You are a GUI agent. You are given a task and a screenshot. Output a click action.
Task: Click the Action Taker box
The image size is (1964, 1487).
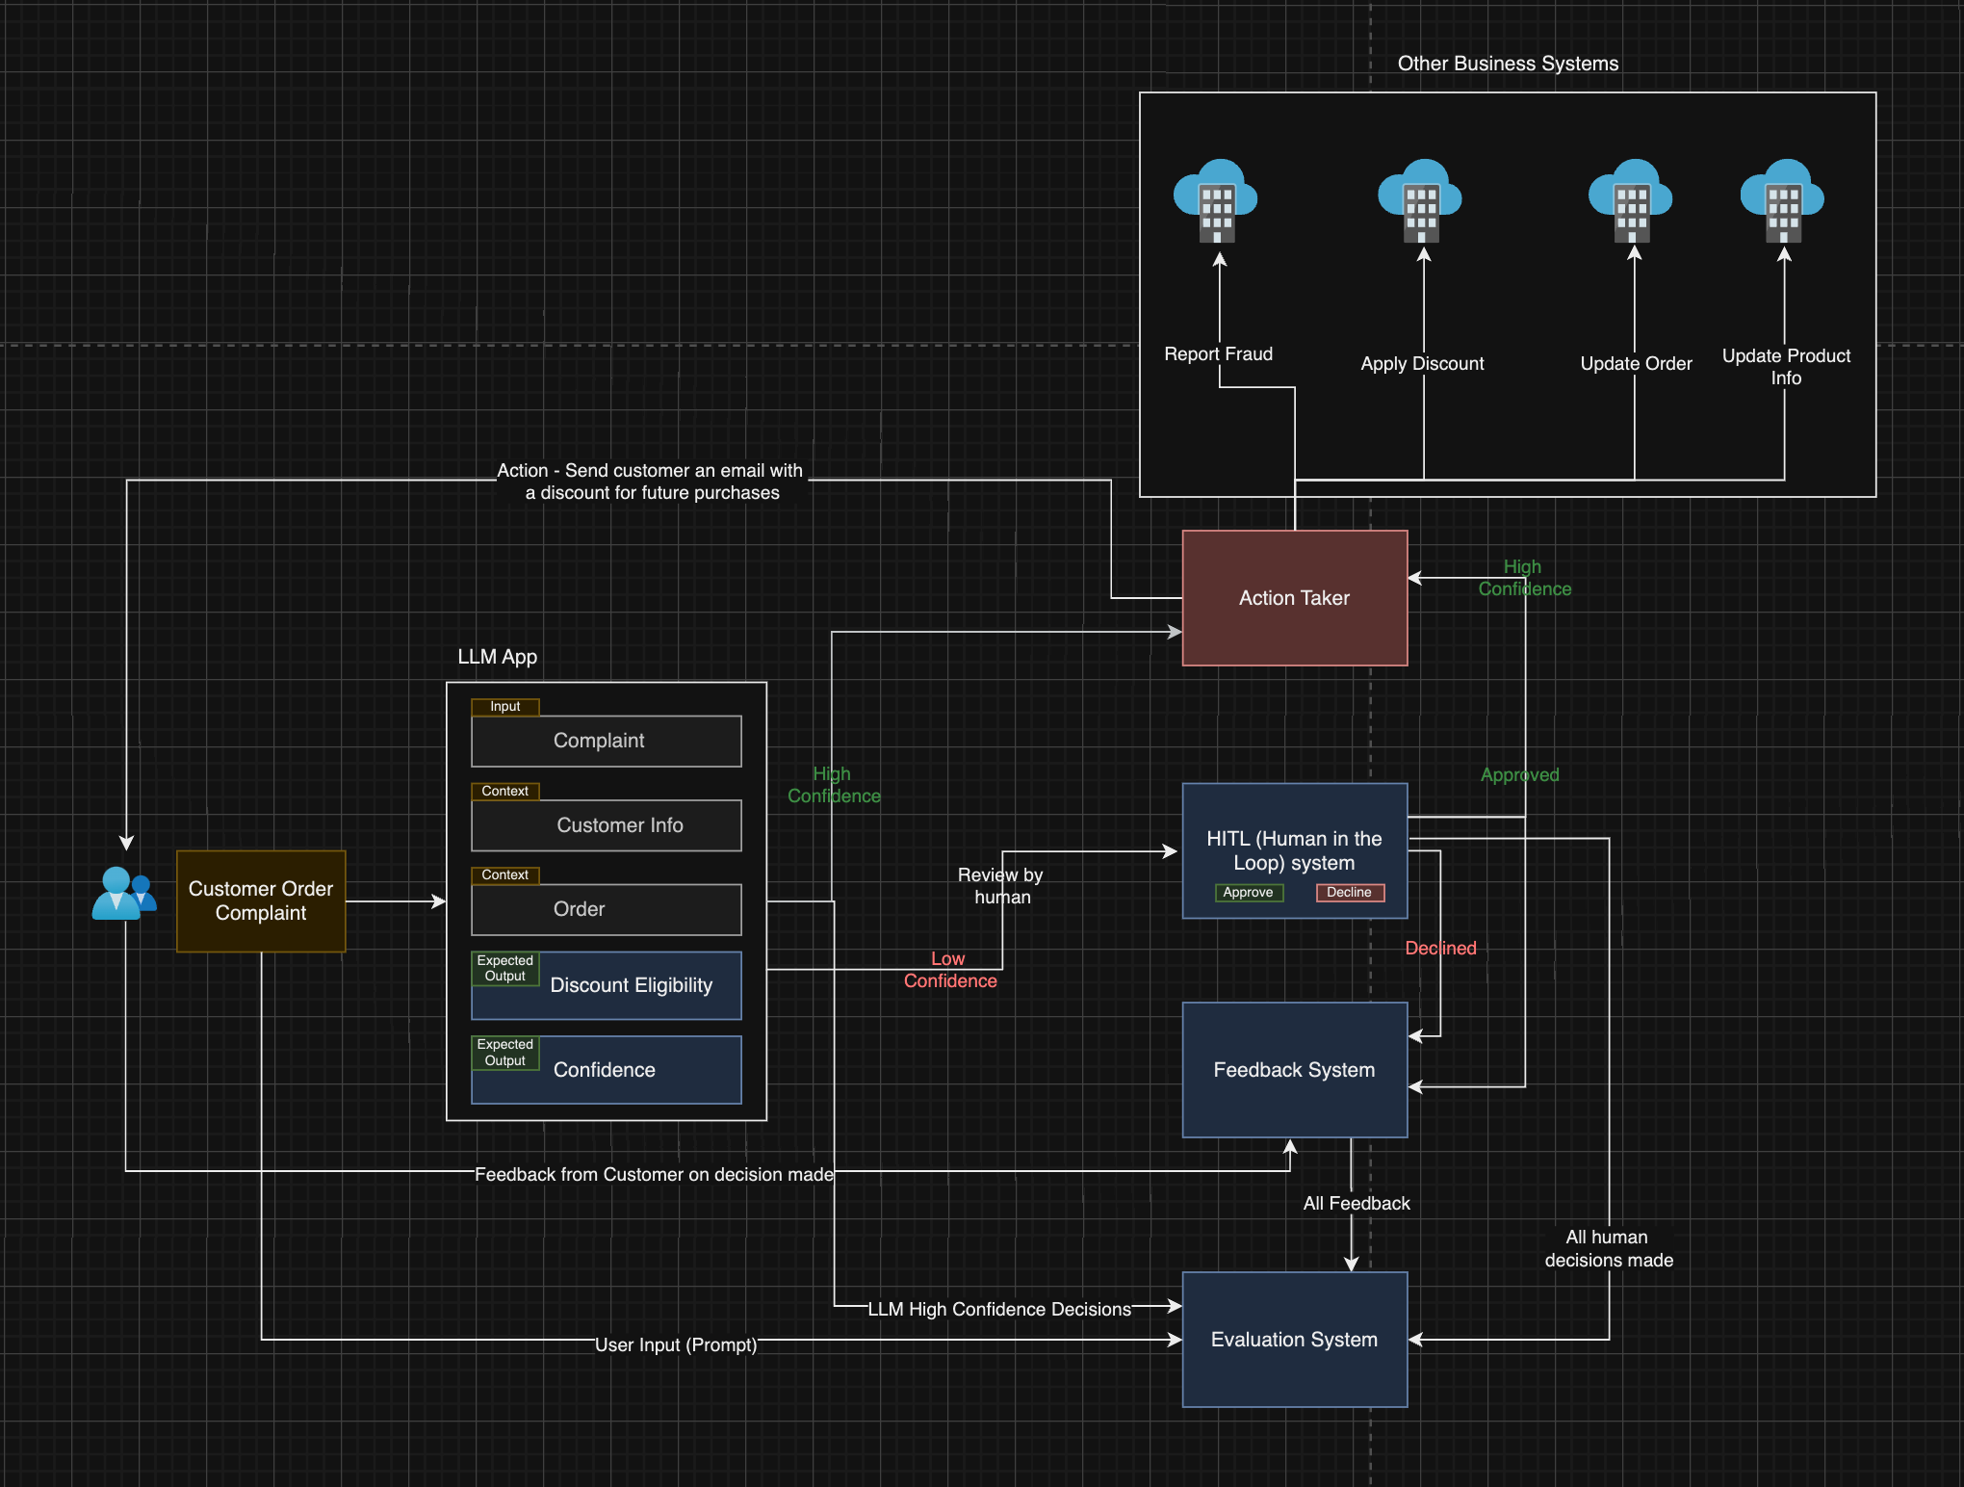pos(1294,598)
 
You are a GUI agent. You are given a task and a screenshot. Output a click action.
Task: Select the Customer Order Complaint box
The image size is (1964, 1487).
pos(261,900)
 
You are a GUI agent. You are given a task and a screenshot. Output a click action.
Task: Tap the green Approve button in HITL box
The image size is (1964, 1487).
pos(1248,892)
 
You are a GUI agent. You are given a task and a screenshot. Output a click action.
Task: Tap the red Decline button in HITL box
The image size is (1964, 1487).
pos(1349,892)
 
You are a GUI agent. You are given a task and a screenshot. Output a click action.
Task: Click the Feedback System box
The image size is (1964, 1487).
pos(1294,1070)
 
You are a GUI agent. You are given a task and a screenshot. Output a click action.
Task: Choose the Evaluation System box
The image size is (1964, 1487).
pos(1294,1340)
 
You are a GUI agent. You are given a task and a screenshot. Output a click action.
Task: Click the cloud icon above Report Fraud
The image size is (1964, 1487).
pos(1216,200)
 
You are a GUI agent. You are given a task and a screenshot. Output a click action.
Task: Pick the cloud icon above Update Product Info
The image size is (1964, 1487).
pos(1782,200)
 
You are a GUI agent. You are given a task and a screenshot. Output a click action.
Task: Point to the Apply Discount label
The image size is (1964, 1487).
pos(1422,364)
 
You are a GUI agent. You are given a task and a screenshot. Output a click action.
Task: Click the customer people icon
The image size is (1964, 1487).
pos(123,894)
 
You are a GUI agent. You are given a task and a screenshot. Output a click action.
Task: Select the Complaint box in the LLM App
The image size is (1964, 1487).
pos(606,741)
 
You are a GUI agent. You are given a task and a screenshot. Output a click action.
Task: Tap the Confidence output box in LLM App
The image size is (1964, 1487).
pos(606,1070)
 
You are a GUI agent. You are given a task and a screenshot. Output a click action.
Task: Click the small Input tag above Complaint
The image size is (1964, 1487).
pos(504,706)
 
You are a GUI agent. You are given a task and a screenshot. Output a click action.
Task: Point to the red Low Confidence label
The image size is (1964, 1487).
pos(949,970)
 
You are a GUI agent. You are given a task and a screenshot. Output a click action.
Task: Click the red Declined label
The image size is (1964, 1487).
pos(1440,948)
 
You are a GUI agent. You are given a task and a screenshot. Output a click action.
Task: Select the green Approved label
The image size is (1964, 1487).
pos(1519,774)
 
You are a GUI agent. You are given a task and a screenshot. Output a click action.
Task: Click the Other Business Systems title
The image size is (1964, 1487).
pos(1508,64)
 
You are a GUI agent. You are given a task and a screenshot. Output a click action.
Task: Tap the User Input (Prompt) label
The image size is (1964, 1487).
pos(676,1344)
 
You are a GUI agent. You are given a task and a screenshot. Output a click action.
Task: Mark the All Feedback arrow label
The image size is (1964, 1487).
pos(1356,1203)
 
